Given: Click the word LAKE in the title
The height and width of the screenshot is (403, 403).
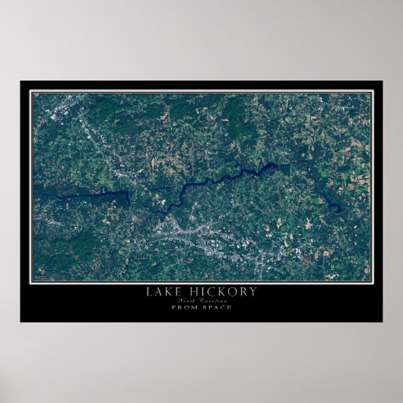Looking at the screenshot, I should click(163, 291).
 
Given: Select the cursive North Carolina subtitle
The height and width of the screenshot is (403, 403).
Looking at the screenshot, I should click(201, 300).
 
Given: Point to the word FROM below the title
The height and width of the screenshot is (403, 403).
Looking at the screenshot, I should click(184, 307).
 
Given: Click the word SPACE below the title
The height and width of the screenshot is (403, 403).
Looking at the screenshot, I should click(216, 307).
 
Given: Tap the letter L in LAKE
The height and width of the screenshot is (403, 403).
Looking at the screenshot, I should click(148, 291).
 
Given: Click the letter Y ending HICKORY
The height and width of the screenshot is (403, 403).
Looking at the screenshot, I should click(252, 291).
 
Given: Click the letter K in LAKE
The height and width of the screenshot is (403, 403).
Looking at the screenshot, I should click(167, 291).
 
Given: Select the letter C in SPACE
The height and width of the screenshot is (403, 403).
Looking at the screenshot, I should click(221, 307).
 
